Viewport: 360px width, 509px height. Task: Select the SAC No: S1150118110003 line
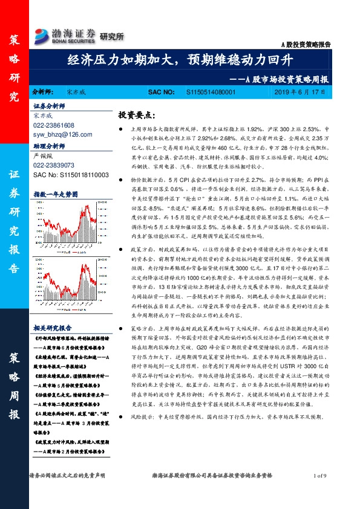pyautogui.click(x=71, y=174)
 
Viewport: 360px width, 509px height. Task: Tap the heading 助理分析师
pyautogui.click(x=48, y=146)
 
